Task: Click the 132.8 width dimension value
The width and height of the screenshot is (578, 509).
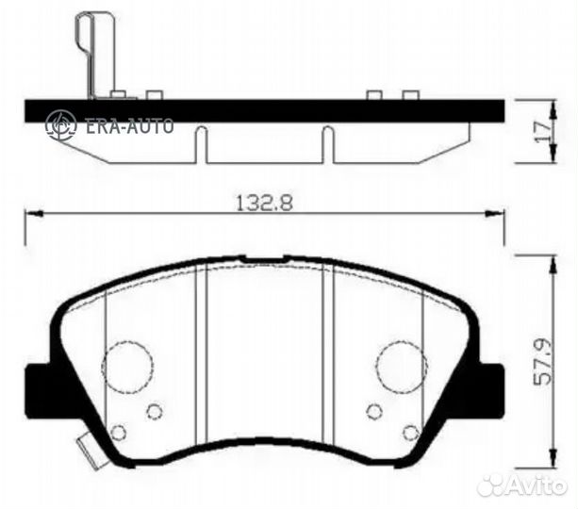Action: pos(260,201)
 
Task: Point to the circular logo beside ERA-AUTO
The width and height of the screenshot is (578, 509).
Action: pos(61,124)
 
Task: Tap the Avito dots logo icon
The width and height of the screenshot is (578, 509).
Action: pos(492,484)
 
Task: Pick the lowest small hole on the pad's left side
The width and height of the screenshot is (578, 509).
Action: pos(118,433)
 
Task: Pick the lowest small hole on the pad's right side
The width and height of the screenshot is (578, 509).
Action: pos(410,433)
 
